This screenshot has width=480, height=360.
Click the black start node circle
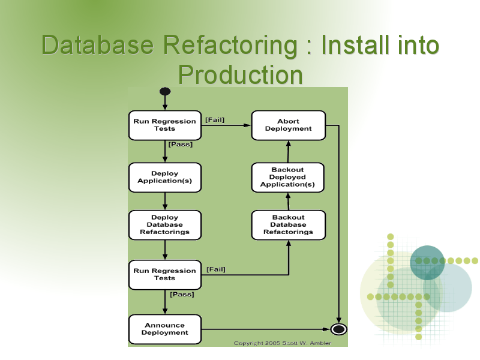click(165, 91)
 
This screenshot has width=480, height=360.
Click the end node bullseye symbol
click(338, 329)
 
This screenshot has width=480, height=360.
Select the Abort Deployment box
click(289, 125)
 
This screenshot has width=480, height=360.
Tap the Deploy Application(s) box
click(165, 177)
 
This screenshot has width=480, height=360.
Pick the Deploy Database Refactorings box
click(165, 224)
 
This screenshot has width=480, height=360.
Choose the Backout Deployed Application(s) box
click(288, 177)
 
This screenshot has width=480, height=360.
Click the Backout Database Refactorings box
click(289, 224)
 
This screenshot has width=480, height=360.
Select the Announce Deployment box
click(165, 329)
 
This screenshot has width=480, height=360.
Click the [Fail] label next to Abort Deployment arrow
click(215, 119)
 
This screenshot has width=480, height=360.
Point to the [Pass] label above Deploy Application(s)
click(181, 144)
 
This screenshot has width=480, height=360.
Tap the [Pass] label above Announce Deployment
click(182, 294)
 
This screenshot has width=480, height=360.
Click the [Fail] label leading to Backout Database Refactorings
click(216, 269)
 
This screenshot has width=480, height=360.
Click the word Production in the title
click(241, 74)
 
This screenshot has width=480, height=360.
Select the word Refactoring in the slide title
click(230, 45)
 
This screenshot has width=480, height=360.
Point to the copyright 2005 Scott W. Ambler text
click(282, 343)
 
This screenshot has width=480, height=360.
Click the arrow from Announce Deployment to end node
click(266, 329)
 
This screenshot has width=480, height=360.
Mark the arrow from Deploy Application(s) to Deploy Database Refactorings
click(165, 201)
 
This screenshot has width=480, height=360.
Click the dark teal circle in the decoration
click(427, 262)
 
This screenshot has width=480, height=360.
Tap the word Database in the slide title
click(97, 45)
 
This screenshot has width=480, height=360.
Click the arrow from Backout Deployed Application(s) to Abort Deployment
click(288, 152)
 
